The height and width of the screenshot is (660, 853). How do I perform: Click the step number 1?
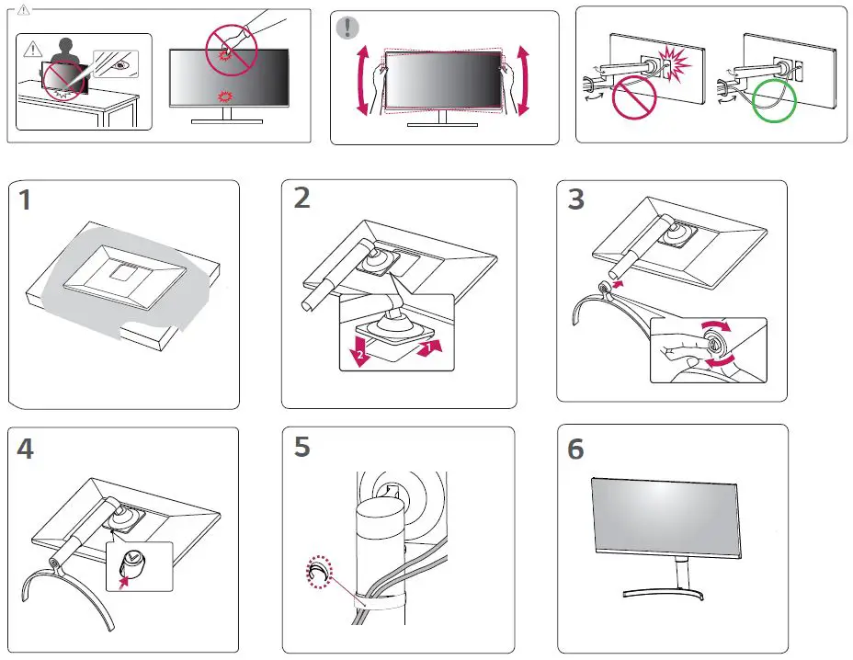pos(25,199)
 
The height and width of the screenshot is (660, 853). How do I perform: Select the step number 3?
pos(575,199)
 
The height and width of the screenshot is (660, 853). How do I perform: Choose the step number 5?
pos(301,447)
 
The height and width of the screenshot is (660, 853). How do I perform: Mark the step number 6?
pos(575,449)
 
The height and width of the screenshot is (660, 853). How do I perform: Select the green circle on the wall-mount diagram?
pos(774,98)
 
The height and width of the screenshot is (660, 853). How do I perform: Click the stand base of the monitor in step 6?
pos(679,594)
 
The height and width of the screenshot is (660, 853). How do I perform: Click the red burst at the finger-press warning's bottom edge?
pos(222,97)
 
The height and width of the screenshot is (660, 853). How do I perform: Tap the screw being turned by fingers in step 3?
pos(713,347)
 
